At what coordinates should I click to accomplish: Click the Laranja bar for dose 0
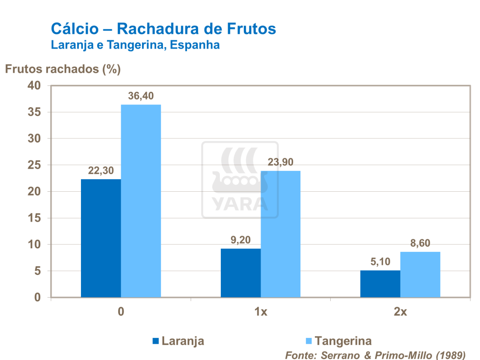pos(101,238)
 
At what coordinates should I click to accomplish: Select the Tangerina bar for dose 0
pos(141,201)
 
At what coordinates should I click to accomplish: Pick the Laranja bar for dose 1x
pos(241,273)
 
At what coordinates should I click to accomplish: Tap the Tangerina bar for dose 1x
pos(280,234)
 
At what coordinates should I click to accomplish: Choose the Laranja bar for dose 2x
pos(380,284)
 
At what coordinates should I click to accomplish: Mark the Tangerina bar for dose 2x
pos(420,275)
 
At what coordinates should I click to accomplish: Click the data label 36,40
pos(140,96)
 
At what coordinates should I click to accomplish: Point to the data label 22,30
pos(100,171)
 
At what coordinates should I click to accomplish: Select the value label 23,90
pos(280,162)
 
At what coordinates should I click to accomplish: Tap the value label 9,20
pos(240,240)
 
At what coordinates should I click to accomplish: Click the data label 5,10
pos(380,262)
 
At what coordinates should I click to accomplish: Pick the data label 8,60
pos(420,243)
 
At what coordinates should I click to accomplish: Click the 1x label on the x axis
pos(261,312)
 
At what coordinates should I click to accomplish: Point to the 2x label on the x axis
pos(400,312)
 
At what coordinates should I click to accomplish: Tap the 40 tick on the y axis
pos(34,85)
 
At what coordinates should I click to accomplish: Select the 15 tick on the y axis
pos(34,218)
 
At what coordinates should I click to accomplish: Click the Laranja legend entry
pos(178,341)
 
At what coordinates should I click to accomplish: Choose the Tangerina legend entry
pos(337,341)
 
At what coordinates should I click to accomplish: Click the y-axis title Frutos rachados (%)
pos(62,69)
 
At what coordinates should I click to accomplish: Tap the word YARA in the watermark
pos(240,204)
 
